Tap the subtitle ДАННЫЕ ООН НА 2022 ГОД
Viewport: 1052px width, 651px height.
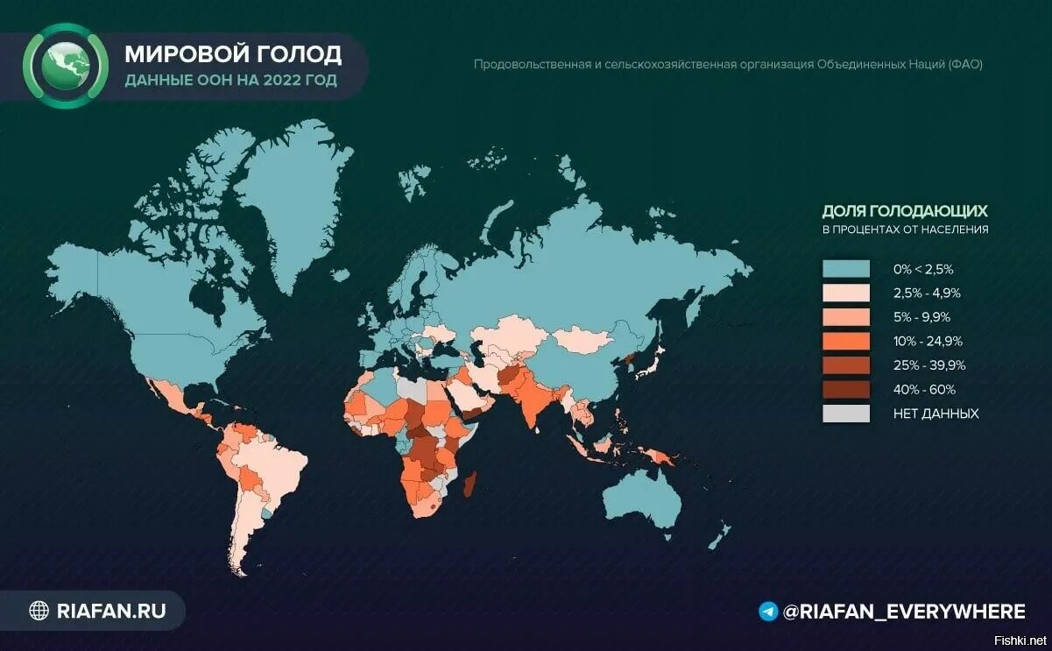pyautogui.click(x=230, y=81)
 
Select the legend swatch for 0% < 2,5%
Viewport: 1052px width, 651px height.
pyautogui.click(x=845, y=269)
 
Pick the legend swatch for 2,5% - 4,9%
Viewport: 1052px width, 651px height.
pyautogui.click(x=845, y=293)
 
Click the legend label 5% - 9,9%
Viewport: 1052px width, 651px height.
pyautogui.click(x=921, y=317)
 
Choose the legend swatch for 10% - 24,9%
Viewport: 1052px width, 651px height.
pyautogui.click(x=845, y=341)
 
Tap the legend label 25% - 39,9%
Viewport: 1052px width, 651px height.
pyautogui.click(x=928, y=365)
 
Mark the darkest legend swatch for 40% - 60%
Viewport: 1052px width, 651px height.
pyautogui.click(x=845, y=389)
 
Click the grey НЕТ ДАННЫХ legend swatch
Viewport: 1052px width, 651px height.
pyautogui.click(x=845, y=414)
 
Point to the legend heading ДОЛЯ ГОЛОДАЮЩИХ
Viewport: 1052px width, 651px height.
pyautogui.click(x=905, y=211)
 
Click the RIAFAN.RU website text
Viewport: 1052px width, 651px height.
pyautogui.click(x=109, y=610)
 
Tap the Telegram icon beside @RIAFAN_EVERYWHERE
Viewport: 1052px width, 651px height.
pyautogui.click(x=768, y=612)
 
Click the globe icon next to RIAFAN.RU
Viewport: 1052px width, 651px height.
pyautogui.click(x=39, y=610)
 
